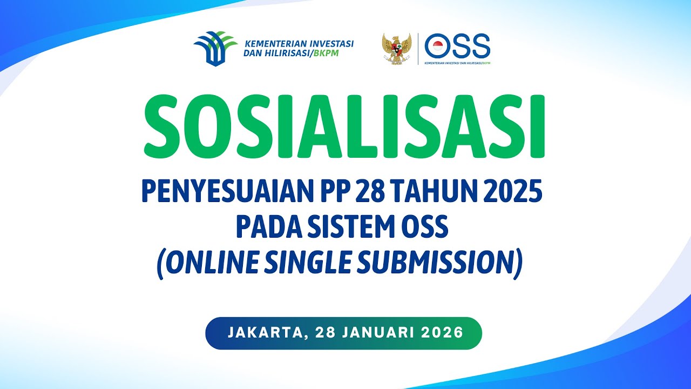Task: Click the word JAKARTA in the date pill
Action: point(263,332)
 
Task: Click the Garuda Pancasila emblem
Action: point(397,49)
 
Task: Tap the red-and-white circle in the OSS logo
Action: point(437,46)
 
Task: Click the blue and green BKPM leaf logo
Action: point(214,48)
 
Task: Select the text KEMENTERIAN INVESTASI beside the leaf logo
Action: point(299,43)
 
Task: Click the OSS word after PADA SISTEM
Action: point(429,227)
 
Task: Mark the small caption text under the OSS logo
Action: point(458,63)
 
